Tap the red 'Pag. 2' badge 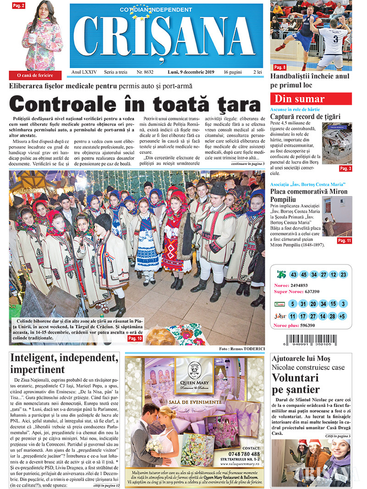(19, 5)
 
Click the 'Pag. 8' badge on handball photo (280, 67)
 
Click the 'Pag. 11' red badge (344, 240)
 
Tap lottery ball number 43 (294, 275)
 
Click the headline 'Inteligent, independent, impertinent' (63, 363)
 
